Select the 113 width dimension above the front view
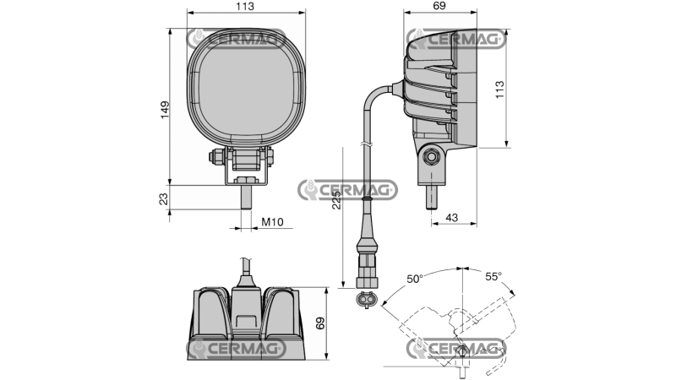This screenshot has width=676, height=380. click(x=244, y=7)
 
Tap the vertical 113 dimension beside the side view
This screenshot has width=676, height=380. click(x=499, y=89)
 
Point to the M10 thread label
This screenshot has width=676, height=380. click(x=271, y=222)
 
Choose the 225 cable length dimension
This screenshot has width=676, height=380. click(x=337, y=199)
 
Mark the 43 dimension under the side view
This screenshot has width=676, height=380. click(x=451, y=218)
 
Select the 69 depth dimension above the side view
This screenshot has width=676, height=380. click(x=439, y=7)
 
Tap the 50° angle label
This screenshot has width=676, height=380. click(x=414, y=278)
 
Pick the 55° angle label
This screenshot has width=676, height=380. click(x=494, y=276)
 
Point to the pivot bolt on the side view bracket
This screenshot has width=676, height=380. click(x=432, y=156)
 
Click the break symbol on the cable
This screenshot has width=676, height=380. click(x=366, y=144)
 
